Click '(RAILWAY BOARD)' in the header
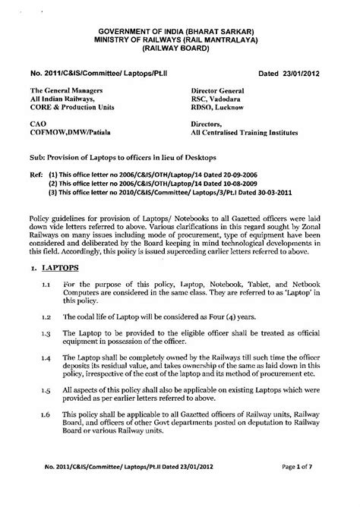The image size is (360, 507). coord(180,47)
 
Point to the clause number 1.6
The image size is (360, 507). coord(46,438)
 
